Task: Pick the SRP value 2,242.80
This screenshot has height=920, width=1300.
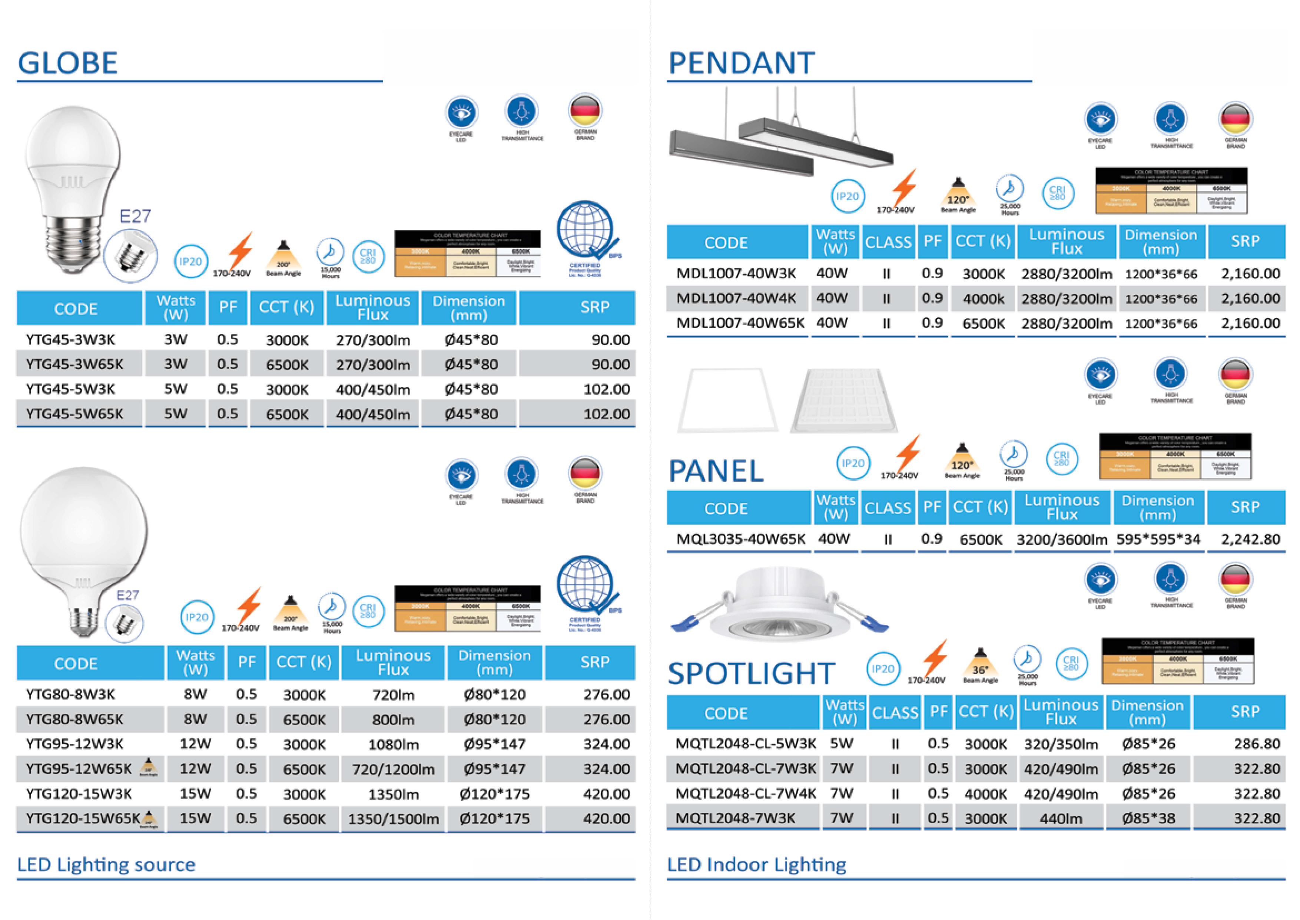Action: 1250,539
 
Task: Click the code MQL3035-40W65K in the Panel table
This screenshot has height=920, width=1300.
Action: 740,539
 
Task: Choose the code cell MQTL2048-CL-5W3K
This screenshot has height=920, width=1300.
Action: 746,744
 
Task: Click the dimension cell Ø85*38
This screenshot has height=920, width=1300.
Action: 1148,819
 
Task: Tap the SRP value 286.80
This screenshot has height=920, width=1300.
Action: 1257,744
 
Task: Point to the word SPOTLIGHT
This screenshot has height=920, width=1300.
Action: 751,673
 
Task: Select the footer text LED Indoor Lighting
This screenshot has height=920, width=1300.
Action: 756,864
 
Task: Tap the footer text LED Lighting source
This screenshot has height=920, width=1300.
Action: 106,864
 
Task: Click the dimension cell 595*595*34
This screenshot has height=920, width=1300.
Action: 1158,539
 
